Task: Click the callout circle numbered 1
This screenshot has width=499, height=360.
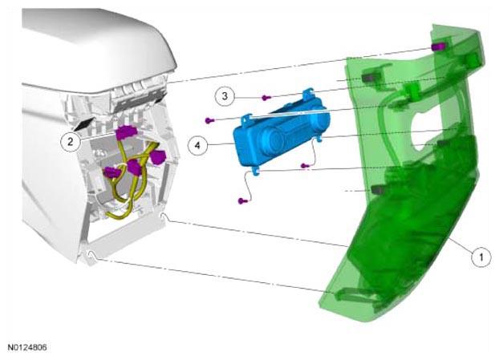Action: [x=481, y=257]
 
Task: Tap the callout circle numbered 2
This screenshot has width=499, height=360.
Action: [x=71, y=142]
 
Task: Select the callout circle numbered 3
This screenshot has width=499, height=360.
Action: [x=225, y=95]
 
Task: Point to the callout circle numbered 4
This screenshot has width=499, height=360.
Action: [x=197, y=146]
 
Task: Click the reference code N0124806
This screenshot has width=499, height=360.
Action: [x=27, y=347]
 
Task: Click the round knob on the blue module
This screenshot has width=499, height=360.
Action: [x=271, y=140]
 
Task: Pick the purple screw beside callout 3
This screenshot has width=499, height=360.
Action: [x=266, y=98]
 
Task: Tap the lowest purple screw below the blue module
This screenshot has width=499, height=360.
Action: [x=242, y=200]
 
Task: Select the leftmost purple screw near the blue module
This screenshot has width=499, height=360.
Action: [x=209, y=120]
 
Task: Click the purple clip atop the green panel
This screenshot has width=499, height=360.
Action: [x=438, y=47]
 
